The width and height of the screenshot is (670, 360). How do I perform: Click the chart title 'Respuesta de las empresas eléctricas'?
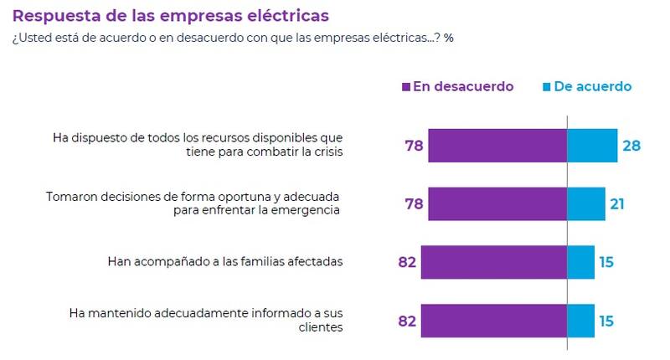point(171,16)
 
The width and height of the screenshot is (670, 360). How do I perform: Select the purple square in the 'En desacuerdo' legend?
point(406,87)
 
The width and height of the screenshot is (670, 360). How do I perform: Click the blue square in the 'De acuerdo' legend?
point(548,87)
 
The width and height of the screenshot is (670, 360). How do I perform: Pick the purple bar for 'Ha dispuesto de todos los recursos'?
point(497,145)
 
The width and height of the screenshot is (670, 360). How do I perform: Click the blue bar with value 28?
point(592,145)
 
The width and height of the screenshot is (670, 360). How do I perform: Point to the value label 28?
point(631,146)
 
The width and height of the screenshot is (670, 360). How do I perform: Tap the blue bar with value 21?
point(586,203)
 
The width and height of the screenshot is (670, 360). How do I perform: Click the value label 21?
point(618,203)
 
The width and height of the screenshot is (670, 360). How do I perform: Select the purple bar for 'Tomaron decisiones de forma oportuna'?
point(497,203)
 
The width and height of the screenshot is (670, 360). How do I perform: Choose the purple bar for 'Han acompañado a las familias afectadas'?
point(494,262)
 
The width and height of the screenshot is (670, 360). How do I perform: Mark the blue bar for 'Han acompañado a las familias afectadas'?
point(581,262)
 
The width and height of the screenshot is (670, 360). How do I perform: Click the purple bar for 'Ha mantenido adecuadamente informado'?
point(494,321)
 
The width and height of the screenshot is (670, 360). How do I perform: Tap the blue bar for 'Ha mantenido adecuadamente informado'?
point(581,321)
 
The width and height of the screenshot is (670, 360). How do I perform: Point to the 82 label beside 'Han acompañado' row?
point(407,262)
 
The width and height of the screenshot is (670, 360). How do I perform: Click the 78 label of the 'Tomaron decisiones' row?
point(414,203)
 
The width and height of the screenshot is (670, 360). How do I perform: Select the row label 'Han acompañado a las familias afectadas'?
point(225,262)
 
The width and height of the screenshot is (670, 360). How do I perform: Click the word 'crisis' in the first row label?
point(325,152)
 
